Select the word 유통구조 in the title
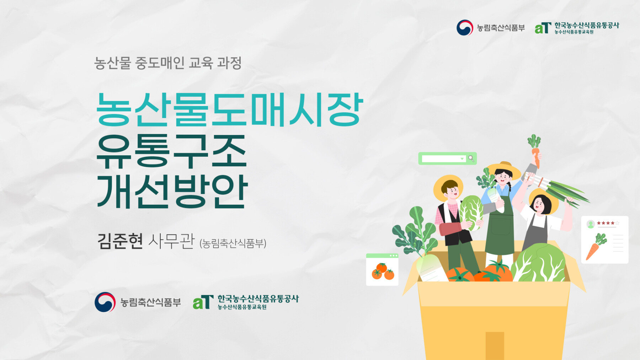tap(172, 151)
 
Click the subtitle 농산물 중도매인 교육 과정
tap(168, 63)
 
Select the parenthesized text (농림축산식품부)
tap(233, 243)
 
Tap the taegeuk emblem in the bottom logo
tap(105, 302)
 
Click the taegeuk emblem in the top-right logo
tap(465, 27)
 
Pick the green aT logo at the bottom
tap(203, 302)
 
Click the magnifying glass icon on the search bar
tap(471, 158)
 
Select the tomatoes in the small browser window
tap(383, 272)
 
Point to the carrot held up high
tap(535, 151)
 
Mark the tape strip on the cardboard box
tap(495, 346)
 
